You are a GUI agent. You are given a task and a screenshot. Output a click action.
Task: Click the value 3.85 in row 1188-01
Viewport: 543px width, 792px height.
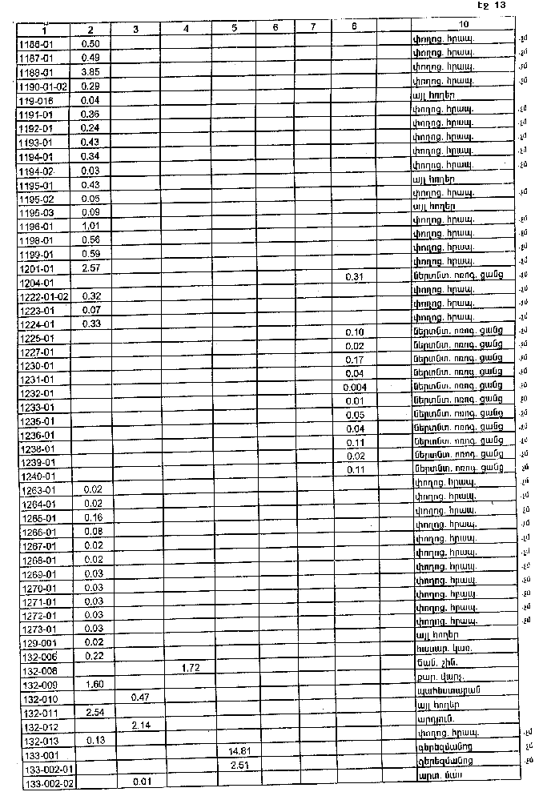click(x=90, y=71)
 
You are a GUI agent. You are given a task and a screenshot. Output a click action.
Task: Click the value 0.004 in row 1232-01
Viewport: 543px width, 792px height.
click(x=354, y=387)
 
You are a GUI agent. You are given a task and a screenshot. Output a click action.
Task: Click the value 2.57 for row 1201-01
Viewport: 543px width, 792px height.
click(x=90, y=267)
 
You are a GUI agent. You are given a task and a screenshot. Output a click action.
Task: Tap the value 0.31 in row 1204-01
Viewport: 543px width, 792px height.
click(x=355, y=276)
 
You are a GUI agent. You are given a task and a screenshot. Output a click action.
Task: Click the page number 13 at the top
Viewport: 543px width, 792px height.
click(x=500, y=6)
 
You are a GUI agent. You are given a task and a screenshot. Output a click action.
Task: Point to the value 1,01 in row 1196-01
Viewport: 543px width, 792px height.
click(x=90, y=226)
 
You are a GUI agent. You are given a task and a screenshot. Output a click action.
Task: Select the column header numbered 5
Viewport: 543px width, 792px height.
click(x=234, y=29)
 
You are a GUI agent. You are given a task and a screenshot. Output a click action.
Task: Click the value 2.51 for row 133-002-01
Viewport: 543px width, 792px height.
click(x=234, y=766)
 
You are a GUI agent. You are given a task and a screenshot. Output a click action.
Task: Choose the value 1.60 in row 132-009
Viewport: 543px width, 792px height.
click(x=90, y=683)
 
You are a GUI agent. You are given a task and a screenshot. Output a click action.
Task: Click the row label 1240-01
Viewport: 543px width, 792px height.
click(x=37, y=476)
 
